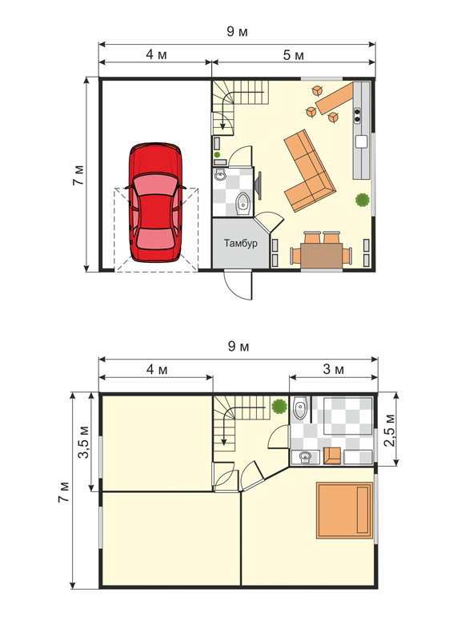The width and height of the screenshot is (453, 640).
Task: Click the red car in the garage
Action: (155, 202)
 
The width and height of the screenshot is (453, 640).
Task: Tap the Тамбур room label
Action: (241, 243)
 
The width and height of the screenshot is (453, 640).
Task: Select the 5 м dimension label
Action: (294, 55)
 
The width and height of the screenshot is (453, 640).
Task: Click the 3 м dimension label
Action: (334, 369)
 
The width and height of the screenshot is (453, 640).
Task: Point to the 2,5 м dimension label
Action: (391, 430)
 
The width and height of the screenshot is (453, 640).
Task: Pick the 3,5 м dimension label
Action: (84, 442)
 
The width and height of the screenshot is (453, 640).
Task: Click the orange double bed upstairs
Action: (344, 511)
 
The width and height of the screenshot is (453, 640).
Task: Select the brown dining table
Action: (322, 255)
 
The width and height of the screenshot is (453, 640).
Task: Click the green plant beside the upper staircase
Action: (279, 407)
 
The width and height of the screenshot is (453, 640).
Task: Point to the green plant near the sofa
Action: (363, 200)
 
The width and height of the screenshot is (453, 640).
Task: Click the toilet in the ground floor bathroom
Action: (243, 203)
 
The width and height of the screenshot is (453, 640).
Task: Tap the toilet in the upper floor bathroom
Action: (299, 407)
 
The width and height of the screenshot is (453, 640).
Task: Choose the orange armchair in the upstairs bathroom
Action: (332, 456)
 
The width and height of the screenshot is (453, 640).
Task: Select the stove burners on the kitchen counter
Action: (357, 115)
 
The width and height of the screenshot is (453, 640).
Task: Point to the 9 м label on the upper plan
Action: (238, 31)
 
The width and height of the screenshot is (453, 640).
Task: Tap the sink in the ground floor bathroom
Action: (220, 176)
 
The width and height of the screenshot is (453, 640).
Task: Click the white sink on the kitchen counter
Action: (362, 141)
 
